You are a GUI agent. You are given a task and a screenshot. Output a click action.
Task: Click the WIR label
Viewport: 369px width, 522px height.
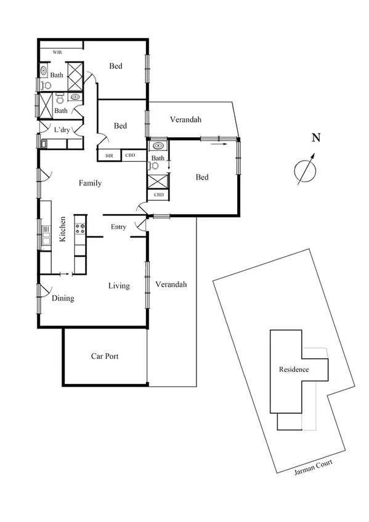[57, 52]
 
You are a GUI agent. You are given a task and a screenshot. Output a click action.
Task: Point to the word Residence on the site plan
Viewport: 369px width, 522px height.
[294, 369]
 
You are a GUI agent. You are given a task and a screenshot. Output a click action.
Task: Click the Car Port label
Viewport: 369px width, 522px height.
[105, 356]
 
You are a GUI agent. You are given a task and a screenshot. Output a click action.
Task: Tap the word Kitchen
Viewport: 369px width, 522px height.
[62, 229]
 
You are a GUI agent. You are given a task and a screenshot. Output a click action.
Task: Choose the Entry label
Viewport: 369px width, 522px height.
[118, 227]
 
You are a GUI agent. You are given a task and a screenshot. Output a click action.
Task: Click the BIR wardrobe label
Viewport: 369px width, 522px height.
[109, 156]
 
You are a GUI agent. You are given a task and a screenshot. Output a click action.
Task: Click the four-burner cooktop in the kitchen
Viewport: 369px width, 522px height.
[79, 228]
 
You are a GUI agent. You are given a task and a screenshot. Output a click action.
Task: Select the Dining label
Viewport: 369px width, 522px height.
[63, 299]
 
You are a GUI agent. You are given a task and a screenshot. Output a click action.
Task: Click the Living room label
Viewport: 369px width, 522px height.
[119, 286]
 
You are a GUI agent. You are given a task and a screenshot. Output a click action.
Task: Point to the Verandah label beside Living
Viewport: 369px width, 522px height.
[171, 284]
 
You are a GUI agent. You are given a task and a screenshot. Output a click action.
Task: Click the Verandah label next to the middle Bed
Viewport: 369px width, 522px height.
[186, 119]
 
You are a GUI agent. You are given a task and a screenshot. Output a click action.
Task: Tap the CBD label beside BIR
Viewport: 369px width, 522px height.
[130, 156]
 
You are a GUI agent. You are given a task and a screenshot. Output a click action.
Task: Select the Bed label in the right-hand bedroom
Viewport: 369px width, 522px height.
[202, 177]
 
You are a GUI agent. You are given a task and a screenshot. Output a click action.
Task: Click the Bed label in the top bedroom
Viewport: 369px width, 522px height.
[116, 66]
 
